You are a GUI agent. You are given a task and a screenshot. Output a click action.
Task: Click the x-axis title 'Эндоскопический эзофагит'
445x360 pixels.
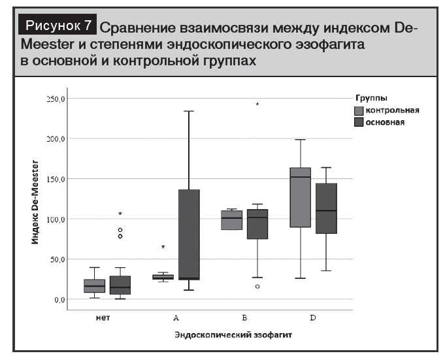pos(233,335)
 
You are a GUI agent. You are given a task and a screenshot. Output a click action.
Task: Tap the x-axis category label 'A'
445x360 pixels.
pos(176,318)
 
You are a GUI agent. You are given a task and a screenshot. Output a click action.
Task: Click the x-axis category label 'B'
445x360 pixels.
pos(243,318)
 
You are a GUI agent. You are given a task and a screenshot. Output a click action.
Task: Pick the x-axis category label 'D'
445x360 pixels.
pos(313,318)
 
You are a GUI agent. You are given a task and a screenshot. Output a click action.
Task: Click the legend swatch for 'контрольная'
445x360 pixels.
pos(359,110)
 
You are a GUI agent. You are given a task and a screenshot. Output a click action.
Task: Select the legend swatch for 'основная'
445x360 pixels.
pos(359,122)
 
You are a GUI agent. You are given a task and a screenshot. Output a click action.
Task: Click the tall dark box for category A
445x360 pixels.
pos(189,234)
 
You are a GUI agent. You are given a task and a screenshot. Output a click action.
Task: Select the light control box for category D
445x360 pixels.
pos(300,197)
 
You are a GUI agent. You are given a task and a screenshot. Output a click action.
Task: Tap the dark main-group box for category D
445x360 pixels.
pos(326,208)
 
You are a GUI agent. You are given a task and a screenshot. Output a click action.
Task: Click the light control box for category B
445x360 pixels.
pos(231,220)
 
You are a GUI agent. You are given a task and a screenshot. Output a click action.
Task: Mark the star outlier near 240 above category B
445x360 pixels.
pos(257,105)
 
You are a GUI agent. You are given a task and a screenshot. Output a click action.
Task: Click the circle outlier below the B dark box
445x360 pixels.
pos(257,287)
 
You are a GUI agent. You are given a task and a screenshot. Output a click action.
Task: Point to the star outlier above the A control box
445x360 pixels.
pos(163,247)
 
